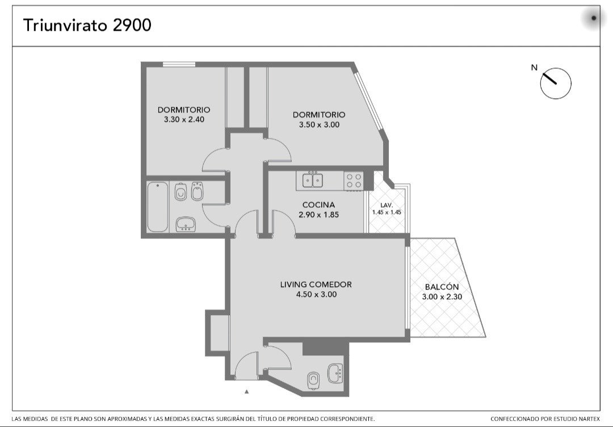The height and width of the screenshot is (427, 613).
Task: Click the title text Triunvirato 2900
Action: (87, 26)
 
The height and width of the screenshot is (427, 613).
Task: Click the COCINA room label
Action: (318, 205)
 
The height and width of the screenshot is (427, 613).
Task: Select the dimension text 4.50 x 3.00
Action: (316, 295)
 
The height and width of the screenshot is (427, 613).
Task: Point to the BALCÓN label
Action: (442, 287)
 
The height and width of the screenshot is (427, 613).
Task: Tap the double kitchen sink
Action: (312, 180)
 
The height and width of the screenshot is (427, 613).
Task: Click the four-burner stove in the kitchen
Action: (354, 181)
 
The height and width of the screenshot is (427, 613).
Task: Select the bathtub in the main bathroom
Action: (158, 207)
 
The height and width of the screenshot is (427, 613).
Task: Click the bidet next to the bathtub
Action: (198, 191)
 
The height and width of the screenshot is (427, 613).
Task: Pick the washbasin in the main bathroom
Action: (186, 224)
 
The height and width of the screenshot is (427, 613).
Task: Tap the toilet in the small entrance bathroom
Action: (313, 380)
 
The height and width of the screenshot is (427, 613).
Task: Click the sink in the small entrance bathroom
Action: (335, 373)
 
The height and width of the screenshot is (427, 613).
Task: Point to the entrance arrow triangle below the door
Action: (247, 391)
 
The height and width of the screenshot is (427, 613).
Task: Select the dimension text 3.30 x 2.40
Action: (184, 119)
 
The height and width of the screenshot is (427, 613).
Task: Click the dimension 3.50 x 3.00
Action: (319, 125)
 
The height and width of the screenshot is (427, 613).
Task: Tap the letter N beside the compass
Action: (534, 68)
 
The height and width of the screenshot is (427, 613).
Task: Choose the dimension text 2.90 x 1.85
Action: (318, 215)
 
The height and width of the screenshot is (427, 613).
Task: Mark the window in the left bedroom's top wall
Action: (179, 65)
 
